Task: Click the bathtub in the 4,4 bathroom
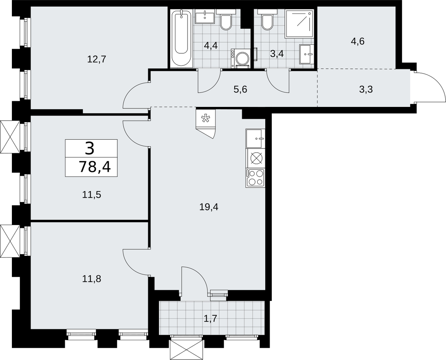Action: pos(181,39)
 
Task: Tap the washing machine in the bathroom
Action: pos(241,58)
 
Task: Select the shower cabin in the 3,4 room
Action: pos(299,24)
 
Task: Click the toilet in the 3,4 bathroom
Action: pos(267,19)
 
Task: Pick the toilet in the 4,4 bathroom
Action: pos(226,19)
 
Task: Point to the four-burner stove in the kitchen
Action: pos(256,178)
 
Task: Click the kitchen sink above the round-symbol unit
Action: pos(256,139)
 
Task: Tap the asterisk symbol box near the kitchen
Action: pos(206,118)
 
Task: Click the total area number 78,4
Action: pos(95,167)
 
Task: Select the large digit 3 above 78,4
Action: pos(90,148)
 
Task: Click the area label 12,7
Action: pos(96,59)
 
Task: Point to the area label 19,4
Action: pos(209,207)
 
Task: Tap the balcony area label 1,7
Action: pos(210,319)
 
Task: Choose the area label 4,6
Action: pos(358,41)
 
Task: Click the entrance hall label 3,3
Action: pos(366,89)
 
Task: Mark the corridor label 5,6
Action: pos(240,89)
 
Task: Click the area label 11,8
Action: pos(91,279)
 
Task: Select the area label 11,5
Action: pos(91,195)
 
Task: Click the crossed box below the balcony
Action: pos(186,350)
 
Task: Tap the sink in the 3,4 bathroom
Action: pos(307,54)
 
